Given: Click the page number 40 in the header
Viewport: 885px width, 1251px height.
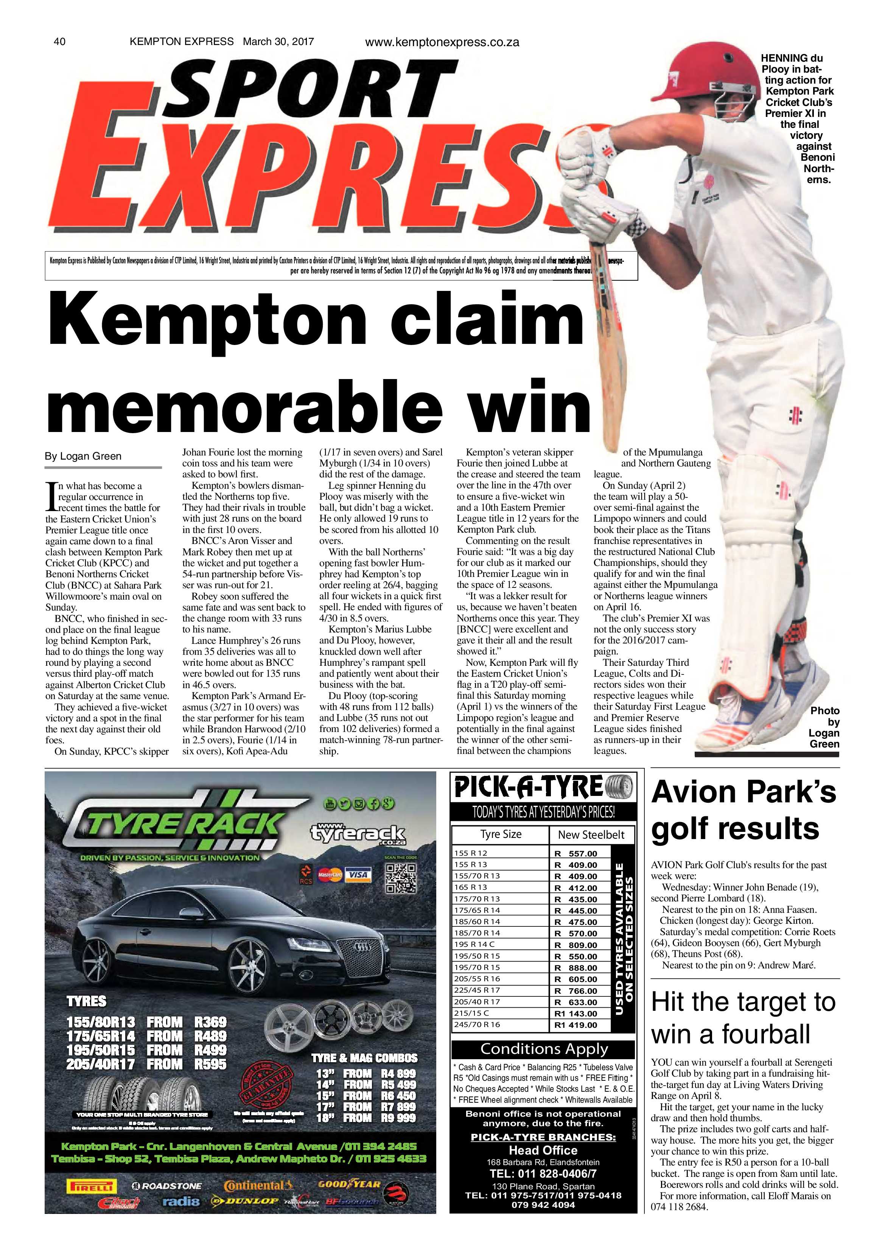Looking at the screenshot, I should pyautogui.click(x=59, y=41).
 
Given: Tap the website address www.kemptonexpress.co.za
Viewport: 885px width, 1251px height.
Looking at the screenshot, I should pyautogui.click(x=442, y=42).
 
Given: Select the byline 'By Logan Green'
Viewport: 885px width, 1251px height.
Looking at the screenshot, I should pyautogui.click(x=83, y=456).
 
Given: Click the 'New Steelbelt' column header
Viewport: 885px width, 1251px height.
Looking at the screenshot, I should pyautogui.click(x=591, y=835).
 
